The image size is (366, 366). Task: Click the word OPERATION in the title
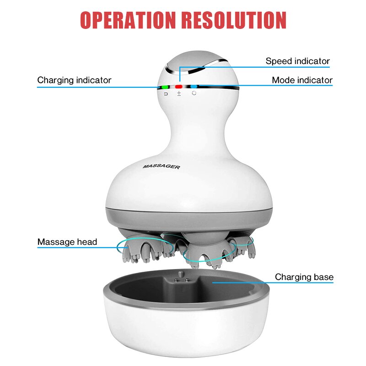[128, 20]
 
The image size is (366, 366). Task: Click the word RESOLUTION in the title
[234, 20]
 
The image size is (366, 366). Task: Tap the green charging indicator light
[165, 87]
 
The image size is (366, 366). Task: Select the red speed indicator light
[179, 87]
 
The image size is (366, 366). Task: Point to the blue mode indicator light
[194, 86]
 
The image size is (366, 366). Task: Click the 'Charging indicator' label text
[74, 80]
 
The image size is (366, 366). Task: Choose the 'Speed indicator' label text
[298, 61]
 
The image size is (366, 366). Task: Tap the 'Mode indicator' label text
[302, 80]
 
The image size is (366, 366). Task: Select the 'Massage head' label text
[67, 242]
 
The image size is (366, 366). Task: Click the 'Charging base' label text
[304, 277]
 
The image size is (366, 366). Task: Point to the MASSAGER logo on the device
[161, 167]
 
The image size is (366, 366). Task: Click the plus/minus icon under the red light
[179, 94]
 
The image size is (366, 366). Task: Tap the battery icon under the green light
[166, 94]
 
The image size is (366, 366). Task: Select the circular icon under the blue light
[194, 93]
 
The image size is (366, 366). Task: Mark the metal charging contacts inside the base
[183, 280]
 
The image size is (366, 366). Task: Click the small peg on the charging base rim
[180, 274]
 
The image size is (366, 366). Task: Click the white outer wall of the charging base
[186, 331]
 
